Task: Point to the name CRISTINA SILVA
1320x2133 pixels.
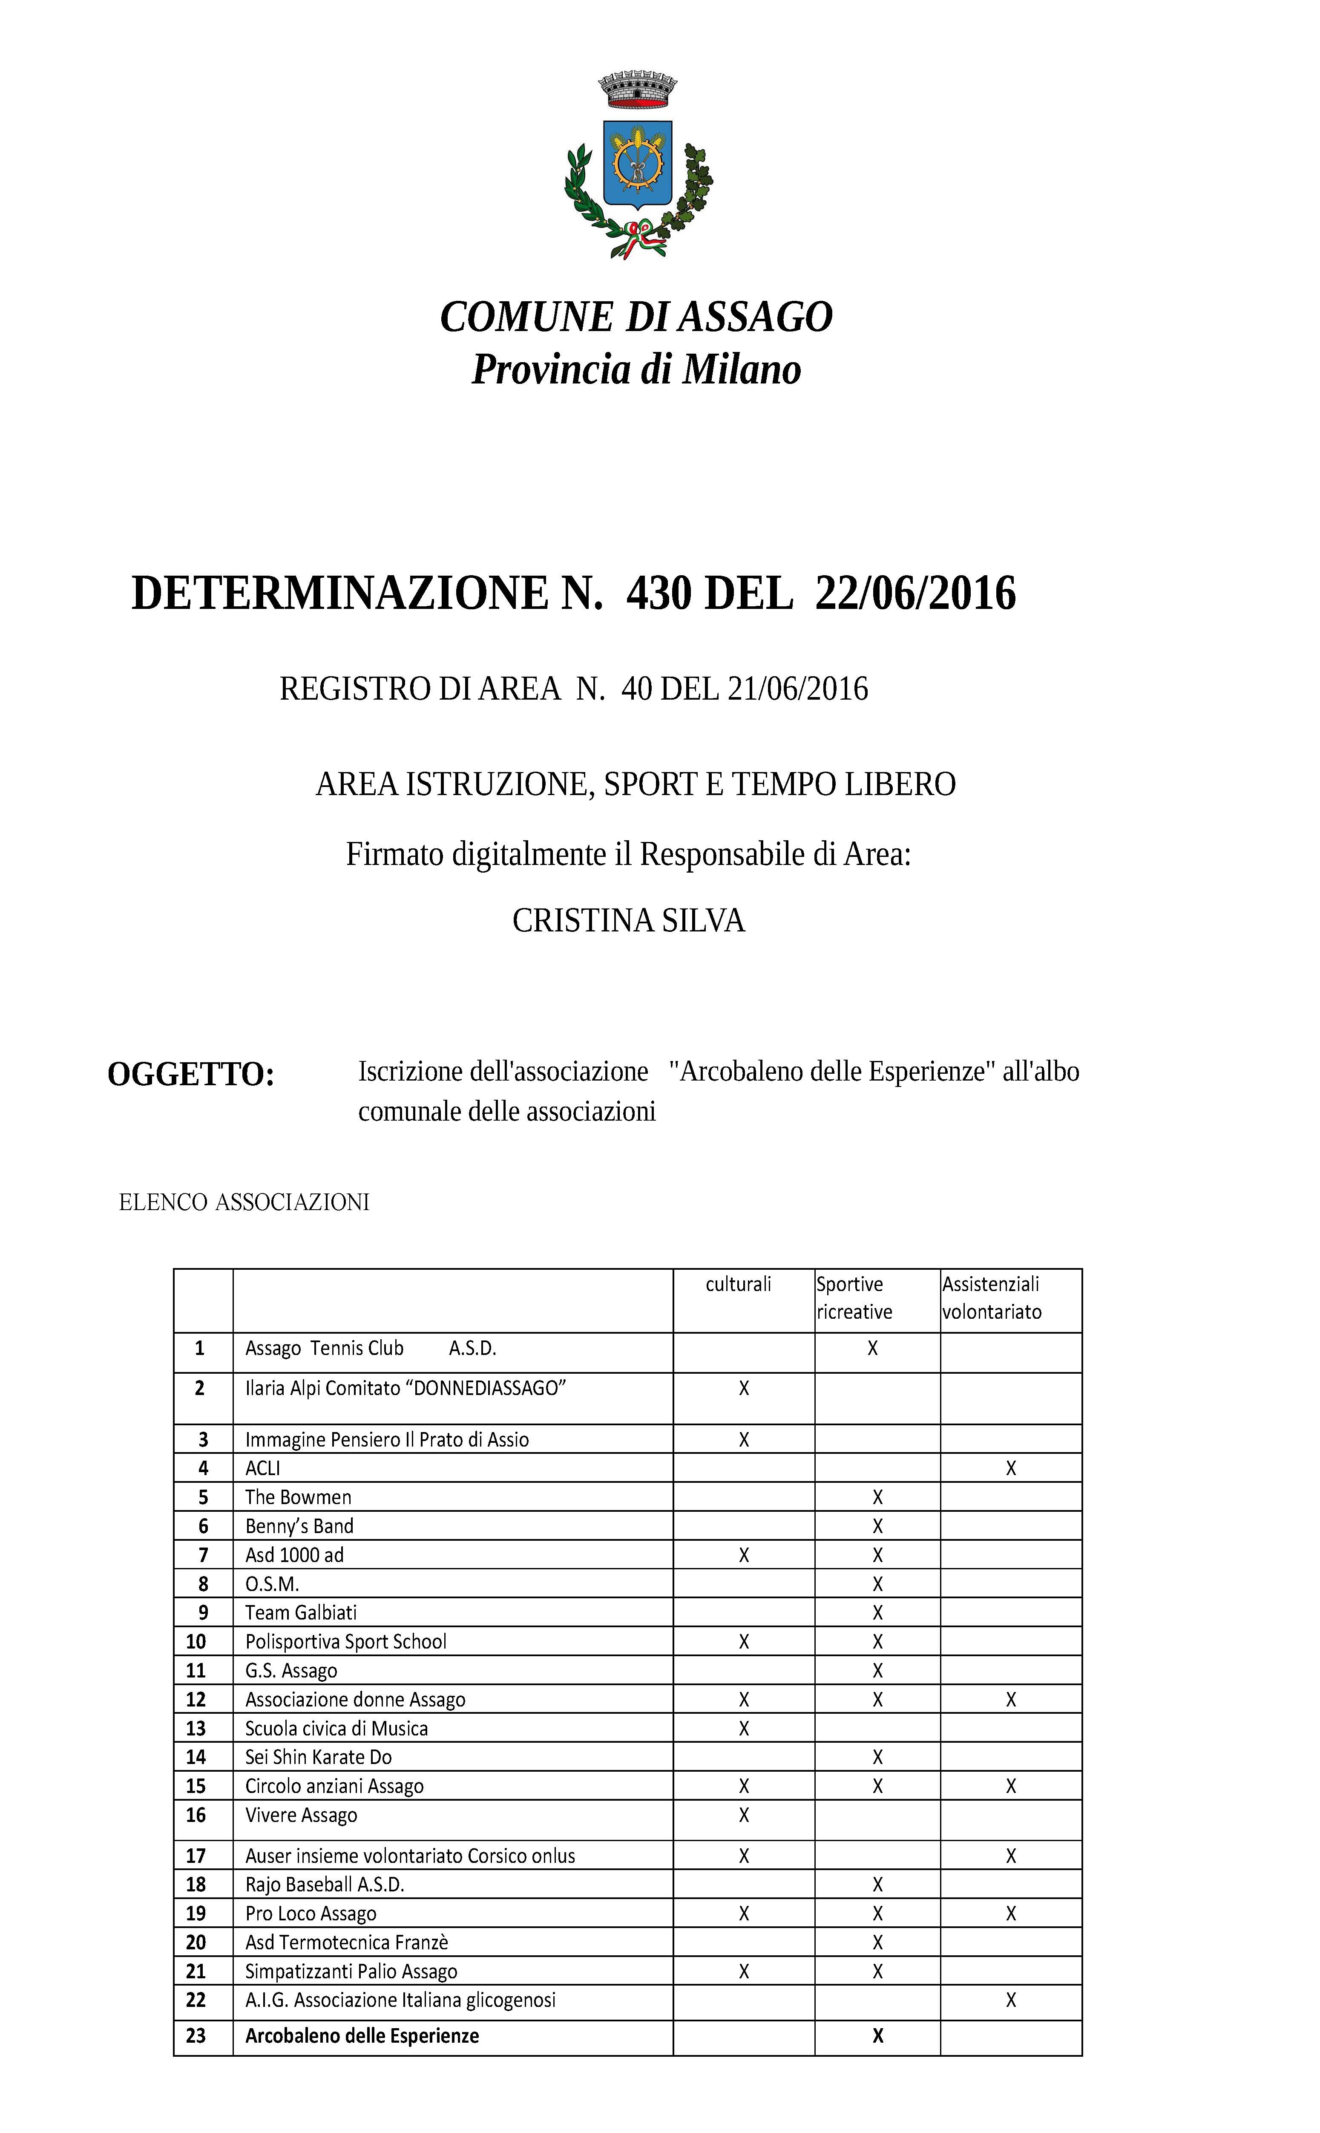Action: coord(629,921)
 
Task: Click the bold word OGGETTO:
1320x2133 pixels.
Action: coord(191,1075)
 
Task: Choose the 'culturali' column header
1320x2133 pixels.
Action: coord(739,1284)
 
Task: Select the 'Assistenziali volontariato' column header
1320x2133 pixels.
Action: coord(992,1298)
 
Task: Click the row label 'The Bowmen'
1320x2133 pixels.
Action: coord(299,1497)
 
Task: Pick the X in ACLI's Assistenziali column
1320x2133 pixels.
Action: coord(1011,1469)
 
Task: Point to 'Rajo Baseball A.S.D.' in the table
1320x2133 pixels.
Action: coord(325,1884)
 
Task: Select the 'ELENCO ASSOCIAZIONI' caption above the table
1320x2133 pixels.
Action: coord(244,1203)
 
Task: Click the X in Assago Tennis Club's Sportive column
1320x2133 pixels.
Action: coord(872,1348)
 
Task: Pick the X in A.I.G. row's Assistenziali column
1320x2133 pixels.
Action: coord(1011,1999)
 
